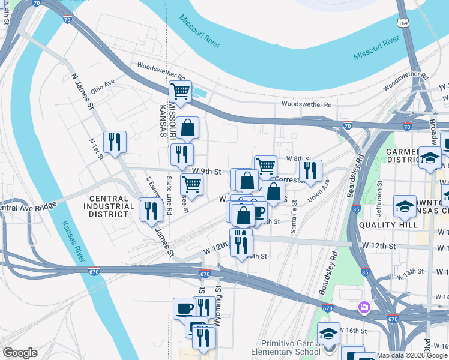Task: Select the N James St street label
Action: (x=83, y=92)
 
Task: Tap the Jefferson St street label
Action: (x=379, y=202)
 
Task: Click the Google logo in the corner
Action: (x=20, y=353)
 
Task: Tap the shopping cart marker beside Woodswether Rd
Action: (x=179, y=91)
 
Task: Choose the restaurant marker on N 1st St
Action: (x=115, y=142)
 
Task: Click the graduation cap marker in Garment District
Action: (x=430, y=158)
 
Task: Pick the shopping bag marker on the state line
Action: (x=187, y=127)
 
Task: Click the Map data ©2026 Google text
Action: (x=411, y=355)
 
